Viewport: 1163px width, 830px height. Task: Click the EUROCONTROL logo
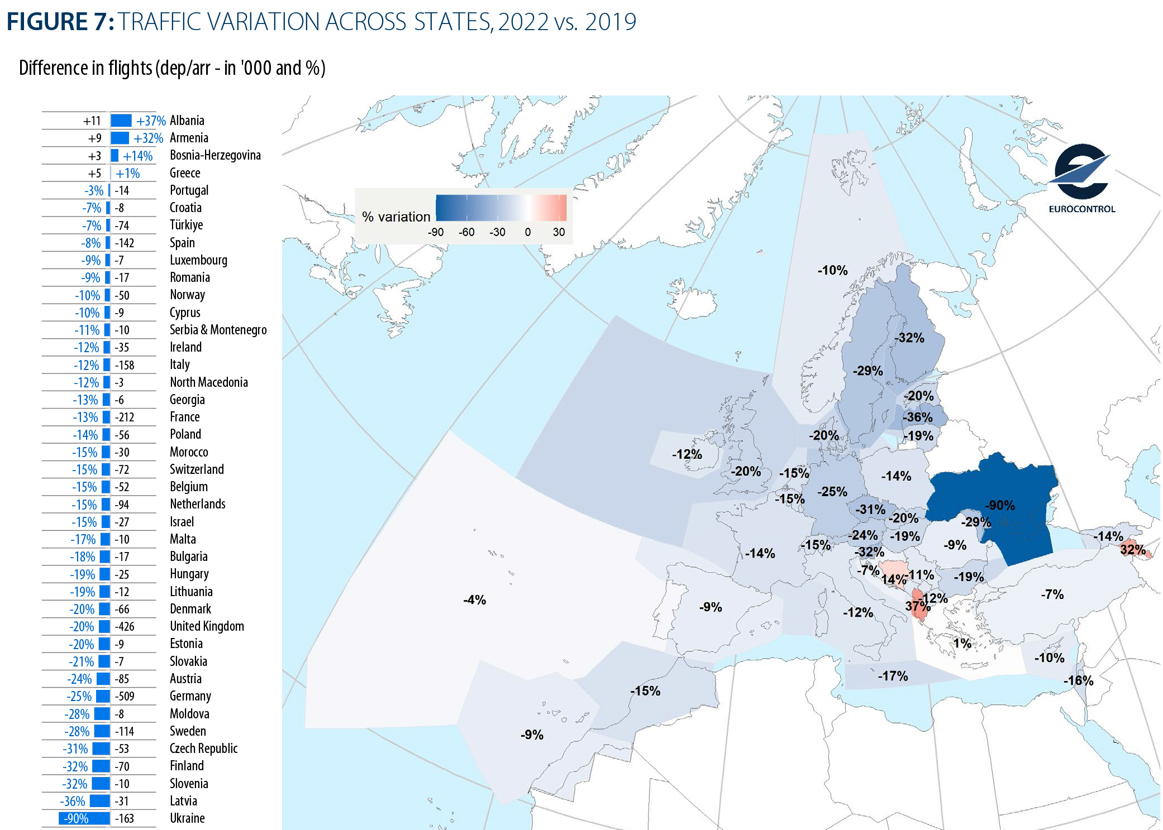coord(1080,178)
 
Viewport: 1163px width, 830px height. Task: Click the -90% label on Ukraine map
coord(999,505)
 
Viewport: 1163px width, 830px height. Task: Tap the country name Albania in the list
coord(187,121)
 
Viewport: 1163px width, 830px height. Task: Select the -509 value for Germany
coord(125,696)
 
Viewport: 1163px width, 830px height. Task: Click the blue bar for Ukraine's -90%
coord(84,818)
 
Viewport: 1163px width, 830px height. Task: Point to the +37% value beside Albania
coord(151,121)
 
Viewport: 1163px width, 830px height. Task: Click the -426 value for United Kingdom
coord(125,626)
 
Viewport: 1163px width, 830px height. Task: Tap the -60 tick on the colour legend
coord(466,232)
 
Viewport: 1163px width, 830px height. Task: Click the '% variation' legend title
coord(396,217)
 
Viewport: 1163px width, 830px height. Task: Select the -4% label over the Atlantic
coord(474,599)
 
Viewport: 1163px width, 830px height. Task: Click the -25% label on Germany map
coord(832,492)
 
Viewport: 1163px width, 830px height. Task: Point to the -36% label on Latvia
coord(918,417)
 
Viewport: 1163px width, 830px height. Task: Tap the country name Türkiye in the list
coord(186,225)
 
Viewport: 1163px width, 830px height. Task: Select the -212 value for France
coord(125,417)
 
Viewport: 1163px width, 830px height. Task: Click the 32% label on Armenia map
coord(1132,549)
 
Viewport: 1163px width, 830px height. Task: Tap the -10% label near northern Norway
coord(832,270)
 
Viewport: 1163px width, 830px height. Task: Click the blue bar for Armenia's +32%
coord(120,138)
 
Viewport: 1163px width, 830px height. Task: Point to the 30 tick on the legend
coord(559,232)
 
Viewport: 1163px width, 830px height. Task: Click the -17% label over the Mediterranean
coord(893,676)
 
